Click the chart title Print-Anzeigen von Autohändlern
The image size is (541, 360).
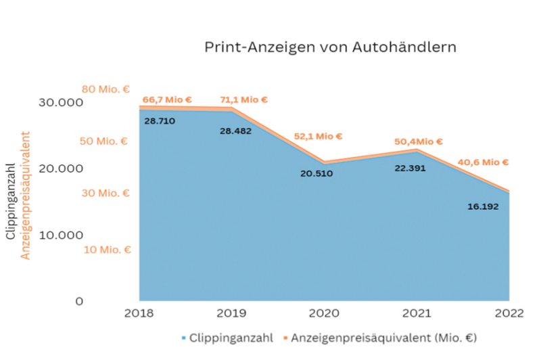(x=330, y=48)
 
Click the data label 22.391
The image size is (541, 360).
(x=410, y=168)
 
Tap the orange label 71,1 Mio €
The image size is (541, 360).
(x=243, y=99)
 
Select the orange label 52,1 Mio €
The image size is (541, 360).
(x=318, y=136)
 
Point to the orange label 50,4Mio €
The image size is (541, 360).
(x=419, y=141)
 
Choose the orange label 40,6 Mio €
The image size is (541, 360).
(x=483, y=162)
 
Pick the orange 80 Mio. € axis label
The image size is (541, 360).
(x=105, y=89)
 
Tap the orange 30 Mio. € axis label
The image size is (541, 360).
(x=105, y=193)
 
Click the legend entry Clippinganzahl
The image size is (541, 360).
(x=227, y=336)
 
